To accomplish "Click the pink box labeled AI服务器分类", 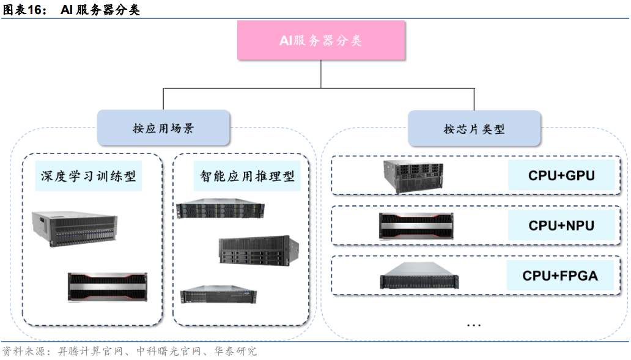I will click(321, 40).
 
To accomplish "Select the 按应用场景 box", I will click(163, 128).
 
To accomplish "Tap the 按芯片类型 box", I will click(474, 129).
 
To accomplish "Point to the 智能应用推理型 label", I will click(247, 176).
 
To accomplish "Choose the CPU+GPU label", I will click(561, 176).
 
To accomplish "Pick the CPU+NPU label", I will click(561, 226).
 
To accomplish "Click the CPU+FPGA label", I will click(559, 276).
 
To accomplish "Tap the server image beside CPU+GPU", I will click(413, 177).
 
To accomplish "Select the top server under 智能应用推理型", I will click(220, 210).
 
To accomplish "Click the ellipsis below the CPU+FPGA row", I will click(473, 325).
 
